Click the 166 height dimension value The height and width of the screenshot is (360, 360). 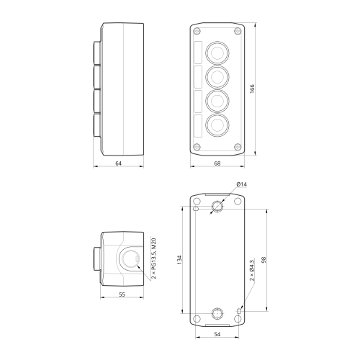click(252, 89)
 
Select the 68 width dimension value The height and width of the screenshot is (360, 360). click(217, 163)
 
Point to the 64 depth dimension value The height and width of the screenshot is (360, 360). click(119, 163)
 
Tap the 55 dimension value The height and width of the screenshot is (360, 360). click(122, 294)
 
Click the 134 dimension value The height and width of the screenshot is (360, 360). click(179, 260)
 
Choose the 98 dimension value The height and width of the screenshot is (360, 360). click(264, 260)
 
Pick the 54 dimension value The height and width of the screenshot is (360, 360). click(217, 334)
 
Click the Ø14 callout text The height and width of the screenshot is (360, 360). click(241, 184)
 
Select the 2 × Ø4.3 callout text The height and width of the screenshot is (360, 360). click(252, 270)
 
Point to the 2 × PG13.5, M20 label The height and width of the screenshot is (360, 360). click(154, 258)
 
